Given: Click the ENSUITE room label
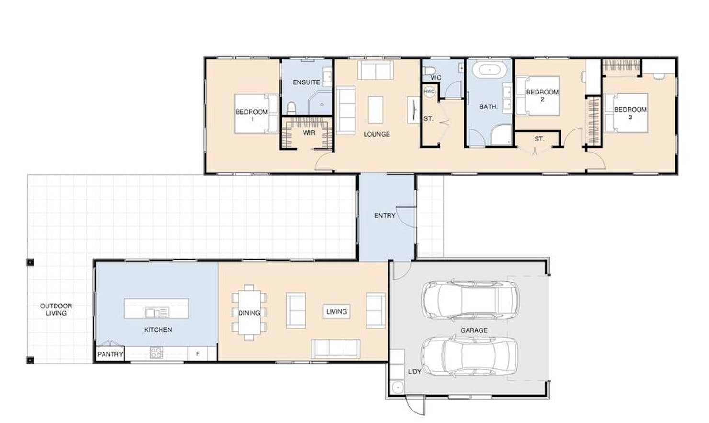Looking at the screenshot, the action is [x=306, y=82].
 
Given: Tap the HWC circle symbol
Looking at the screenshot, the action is [x=429, y=92].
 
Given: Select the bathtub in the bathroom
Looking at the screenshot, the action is [x=490, y=70].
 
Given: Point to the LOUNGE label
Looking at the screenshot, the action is [x=377, y=134].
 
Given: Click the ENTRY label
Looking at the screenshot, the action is [x=385, y=216].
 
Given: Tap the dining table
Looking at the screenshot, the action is [x=249, y=312].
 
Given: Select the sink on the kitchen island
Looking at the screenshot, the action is [x=157, y=313].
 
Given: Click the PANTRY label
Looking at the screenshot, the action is [x=110, y=354].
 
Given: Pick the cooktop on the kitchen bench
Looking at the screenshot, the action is [x=156, y=352].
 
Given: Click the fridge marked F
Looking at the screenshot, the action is [x=198, y=353].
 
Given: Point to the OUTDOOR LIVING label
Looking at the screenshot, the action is [x=56, y=309].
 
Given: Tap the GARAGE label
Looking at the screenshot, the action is [x=474, y=330].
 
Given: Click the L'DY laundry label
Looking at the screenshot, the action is [x=414, y=372].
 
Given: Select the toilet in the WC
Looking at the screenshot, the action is [x=429, y=70].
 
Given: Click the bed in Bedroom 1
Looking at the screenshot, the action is [x=256, y=114].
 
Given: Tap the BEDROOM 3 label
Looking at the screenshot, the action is [x=630, y=113].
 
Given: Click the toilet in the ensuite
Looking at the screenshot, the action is [x=291, y=108].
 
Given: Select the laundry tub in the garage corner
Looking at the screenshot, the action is [x=397, y=388].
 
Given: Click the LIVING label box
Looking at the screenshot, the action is [x=336, y=311].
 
